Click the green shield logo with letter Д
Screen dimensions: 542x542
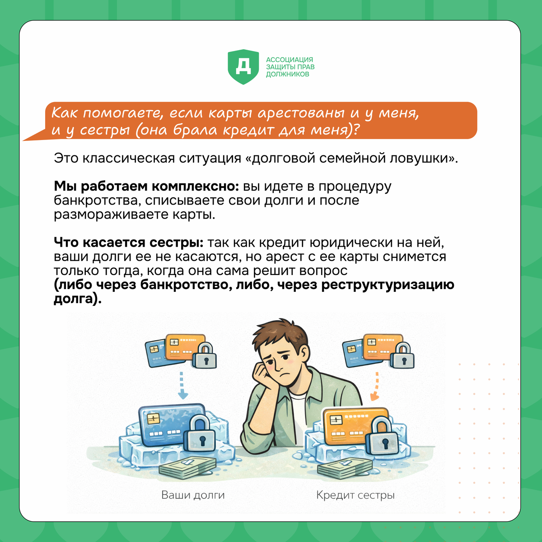click(x=243, y=67)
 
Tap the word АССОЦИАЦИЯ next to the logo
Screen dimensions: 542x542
click(x=290, y=60)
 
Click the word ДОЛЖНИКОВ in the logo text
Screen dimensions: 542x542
click(x=287, y=74)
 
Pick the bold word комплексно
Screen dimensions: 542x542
click(x=196, y=187)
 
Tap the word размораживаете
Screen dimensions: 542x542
click(x=110, y=215)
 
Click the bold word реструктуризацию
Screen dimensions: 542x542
click(x=388, y=285)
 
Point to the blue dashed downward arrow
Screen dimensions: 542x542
click(x=182, y=385)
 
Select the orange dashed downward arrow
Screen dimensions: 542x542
click(x=376, y=386)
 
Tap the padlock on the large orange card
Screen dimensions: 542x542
click(x=383, y=436)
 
